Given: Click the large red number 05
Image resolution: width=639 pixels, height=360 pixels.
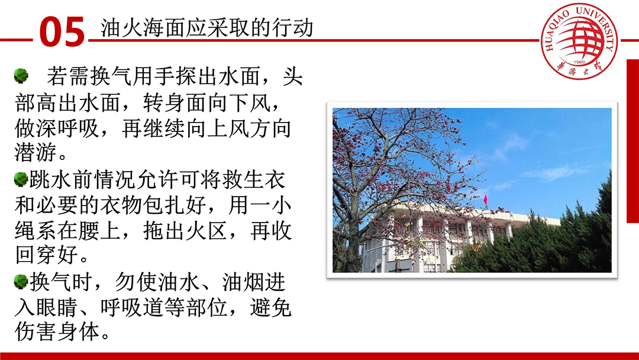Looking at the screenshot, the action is [x=62, y=31].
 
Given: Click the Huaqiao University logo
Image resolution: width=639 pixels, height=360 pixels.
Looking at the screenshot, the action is [x=579, y=41].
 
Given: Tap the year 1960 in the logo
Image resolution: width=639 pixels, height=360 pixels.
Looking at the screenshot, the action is [x=579, y=62].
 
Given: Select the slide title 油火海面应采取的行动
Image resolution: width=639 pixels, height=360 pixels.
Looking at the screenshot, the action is [x=206, y=28].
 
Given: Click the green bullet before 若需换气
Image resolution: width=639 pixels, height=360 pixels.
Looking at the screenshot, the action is [x=21, y=76].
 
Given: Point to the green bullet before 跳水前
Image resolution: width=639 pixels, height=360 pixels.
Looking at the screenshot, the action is [x=21, y=179].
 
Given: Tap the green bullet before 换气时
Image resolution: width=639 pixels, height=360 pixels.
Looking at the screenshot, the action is [x=21, y=282].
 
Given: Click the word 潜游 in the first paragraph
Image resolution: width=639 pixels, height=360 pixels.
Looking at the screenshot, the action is [x=36, y=153].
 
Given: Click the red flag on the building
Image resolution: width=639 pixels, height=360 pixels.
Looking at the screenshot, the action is [x=485, y=200].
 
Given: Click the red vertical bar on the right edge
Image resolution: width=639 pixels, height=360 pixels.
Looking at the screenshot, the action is [x=632, y=141].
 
